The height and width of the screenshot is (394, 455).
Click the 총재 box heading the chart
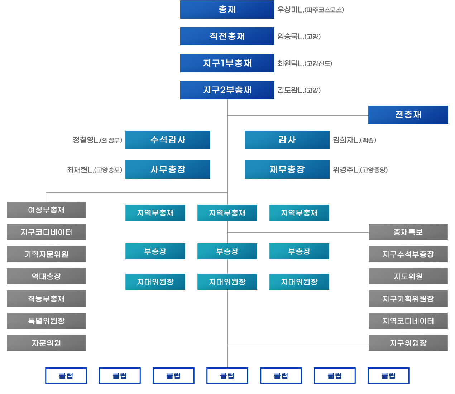[227, 9]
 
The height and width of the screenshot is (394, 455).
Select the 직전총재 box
[227, 36]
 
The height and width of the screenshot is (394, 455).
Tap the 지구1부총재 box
[227, 63]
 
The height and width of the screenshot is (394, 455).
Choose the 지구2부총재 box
[227, 90]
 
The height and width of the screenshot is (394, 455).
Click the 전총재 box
[408, 115]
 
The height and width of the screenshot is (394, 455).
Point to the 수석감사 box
[168, 140]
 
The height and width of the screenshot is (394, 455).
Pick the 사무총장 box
[168, 169]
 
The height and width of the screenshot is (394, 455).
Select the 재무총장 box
[287, 169]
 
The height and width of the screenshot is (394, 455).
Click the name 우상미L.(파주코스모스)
[310, 10]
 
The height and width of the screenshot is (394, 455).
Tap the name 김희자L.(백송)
[354, 140]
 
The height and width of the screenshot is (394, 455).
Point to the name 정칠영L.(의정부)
[97, 140]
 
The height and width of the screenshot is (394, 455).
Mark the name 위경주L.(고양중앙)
[360, 170]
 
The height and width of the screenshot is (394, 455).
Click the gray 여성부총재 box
[46, 210]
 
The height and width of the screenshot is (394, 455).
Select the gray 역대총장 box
[46, 276]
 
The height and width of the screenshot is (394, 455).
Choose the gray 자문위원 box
[46, 343]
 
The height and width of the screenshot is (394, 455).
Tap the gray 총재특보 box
[408, 232]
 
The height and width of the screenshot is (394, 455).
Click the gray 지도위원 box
[408, 276]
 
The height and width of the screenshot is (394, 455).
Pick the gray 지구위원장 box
[408, 343]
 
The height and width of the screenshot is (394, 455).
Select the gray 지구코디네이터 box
[46, 232]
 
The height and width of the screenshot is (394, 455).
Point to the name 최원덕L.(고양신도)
[305, 63]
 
